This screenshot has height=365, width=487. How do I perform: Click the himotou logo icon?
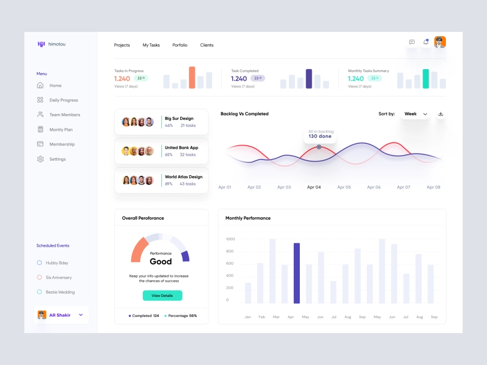coord(41,44)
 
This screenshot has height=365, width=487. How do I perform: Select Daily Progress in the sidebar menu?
coord(63,100)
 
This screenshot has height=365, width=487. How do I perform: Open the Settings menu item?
coord(57,159)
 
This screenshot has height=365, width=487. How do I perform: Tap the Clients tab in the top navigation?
coord(207,45)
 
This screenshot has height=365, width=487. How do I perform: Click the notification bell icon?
coord(426,42)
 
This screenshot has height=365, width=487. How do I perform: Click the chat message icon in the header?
coord(412,42)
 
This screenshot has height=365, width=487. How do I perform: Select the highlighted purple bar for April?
coord(297,273)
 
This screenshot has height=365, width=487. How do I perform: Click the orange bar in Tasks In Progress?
coord(192,77)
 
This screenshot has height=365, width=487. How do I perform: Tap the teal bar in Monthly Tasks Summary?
coord(426,78)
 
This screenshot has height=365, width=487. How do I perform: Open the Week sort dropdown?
coord(416,114)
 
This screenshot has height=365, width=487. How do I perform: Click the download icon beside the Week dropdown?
coord(440,114)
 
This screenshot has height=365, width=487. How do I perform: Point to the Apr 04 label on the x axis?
coord(314,187)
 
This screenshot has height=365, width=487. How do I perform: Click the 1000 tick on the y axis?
coord(231,239)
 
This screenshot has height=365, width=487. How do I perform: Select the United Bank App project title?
coord(181,148)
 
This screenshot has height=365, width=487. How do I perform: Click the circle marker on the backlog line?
coord(319,147)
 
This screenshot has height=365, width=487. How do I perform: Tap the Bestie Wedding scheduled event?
coord(60,292)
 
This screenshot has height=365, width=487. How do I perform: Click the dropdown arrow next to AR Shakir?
coord(81,315)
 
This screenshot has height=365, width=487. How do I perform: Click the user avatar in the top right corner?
coord(440,42)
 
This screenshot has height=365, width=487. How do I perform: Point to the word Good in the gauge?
coord(161,262)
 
